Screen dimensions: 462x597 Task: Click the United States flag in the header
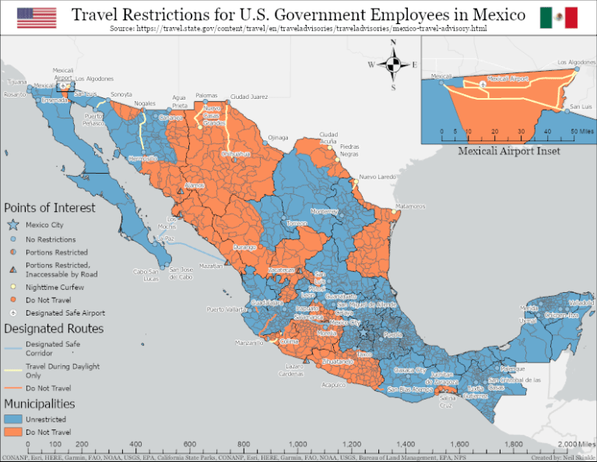click(37, 17)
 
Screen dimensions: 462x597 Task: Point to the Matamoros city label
click(410, 206)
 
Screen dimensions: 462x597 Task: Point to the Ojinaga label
click(278, 137)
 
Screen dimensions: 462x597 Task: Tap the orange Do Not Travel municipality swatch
click(12, 432)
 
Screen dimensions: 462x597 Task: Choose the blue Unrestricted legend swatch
click(12, 419)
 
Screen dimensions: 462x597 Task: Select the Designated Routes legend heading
click(54, 329)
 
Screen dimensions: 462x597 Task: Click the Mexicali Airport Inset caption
click(508, 150)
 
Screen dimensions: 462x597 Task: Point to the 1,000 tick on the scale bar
click(297, 444)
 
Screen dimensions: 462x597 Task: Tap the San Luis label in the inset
click(581, 107)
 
